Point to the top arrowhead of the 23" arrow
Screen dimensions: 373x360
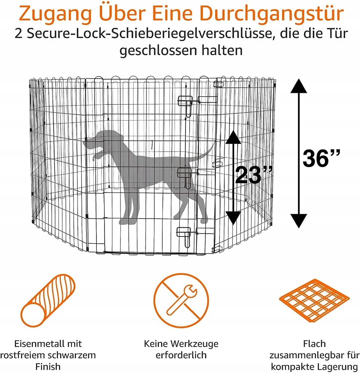233,137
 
